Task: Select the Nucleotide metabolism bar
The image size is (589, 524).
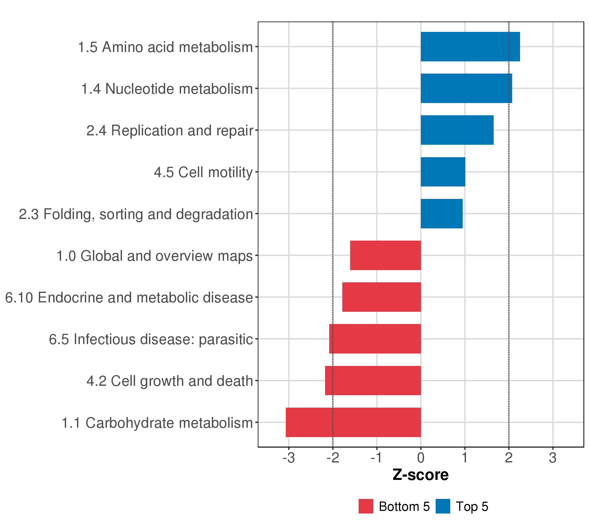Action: pyautogui.click(x=466, y=88)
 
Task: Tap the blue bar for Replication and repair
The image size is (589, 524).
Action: pyautogui.click(x=457, y=130)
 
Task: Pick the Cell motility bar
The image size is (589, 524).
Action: pyautogui.click(x=443, y=172)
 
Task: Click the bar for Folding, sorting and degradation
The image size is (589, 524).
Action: pyautogui.click(x=442, y=214)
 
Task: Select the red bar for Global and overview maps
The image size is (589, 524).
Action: pyautogui.click(x=385, y=255)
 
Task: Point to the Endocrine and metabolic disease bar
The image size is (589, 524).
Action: pyautogui.click(x=381, y=297)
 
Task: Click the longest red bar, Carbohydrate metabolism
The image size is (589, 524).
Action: pyautogui.click(x=353, y=422)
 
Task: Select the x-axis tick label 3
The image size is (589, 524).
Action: pyautogui.click(x=552, y=458)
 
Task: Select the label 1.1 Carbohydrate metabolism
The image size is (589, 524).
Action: pyautogui.click(x=157, y=423)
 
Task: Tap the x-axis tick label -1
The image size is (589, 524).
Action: pyautogui.click(x=376, y=458)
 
